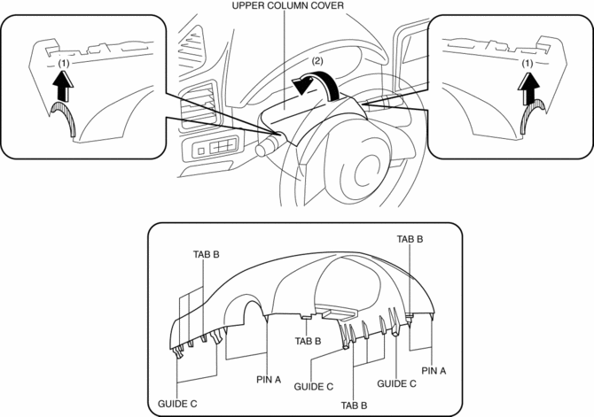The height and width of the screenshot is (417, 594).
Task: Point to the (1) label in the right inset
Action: (528, 65)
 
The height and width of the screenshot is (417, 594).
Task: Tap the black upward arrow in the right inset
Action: (529, 86)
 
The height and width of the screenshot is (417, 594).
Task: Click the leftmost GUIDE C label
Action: (179, 403)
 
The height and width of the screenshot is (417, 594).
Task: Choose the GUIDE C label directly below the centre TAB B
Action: (314, 387)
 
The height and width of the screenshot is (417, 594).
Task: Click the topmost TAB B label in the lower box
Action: (410, 239)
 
